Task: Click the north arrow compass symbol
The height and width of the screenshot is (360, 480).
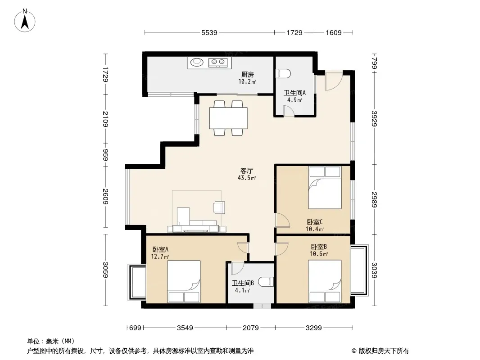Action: [x=25, y=21]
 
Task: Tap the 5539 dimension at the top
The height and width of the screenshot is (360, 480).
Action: [x=209, y=32]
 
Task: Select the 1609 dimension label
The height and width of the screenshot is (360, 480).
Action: [x=333, y=32]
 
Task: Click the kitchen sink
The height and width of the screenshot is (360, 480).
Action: [x=197, y=63]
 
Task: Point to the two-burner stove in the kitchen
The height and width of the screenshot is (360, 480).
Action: [x=218, y=63]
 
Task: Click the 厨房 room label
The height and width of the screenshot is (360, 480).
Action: [x=247, y=74]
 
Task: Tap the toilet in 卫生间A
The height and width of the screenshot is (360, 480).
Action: [x=283, y=74]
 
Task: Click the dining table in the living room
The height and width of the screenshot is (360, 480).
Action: [x=228, y=118]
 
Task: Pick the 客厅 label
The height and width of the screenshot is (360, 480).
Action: [x=246, y=171]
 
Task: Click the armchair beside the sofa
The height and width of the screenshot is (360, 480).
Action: [x=219, y=207]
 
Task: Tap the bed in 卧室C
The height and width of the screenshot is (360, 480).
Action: [x=325, y=188]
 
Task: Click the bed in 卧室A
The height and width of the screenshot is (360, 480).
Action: [x=184, y=281]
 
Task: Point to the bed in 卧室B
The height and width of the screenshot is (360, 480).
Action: [x=325, y=281]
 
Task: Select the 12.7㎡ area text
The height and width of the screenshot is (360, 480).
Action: [x=160, y=256]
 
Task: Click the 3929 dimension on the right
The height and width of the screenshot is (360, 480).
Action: [x=374, y=118]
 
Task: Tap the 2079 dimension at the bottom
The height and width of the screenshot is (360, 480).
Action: [x=251, y=328]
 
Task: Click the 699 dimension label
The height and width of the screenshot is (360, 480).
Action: [x=135, y=328]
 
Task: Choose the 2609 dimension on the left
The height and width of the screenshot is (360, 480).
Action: [x=105, y=197]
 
